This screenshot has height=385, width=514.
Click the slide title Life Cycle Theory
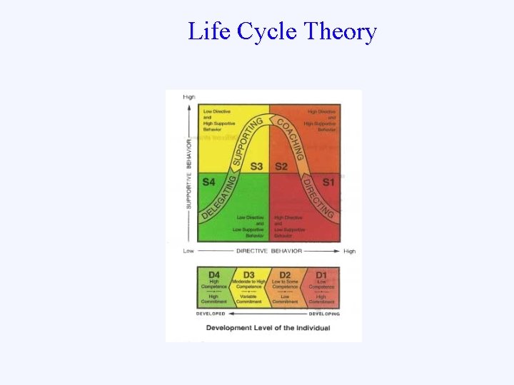[x=282, y=31]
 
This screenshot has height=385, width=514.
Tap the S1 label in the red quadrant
[x=328, y=183]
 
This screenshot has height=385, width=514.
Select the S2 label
[x=281, y=166]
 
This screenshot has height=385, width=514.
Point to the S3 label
[x=256, y=166]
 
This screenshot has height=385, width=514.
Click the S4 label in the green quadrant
[x=208, y=183]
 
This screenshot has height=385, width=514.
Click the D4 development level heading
[x=213, y=275]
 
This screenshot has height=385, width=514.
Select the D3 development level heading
[x=249, y=275]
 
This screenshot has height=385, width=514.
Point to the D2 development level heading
[x=285, y=275]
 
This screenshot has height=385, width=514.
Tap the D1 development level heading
[x=321, y=275]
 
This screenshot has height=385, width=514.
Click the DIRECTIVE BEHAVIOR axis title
[x=269, y=251]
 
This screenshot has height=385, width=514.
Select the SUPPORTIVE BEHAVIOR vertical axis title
[x=189, y=169]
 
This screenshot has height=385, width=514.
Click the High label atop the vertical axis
[x=189, y=97]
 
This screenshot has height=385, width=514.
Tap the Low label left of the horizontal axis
[x=188, y=251]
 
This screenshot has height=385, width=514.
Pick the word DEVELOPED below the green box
[x=211, y=314]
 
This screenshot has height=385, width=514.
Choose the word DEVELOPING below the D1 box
[x=324, y=314]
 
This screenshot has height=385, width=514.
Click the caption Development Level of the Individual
[x=268, y=328]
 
